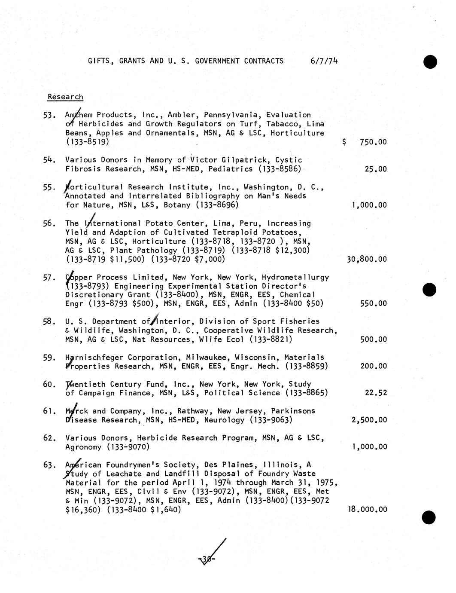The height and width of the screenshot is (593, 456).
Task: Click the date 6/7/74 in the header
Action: pos(324,61)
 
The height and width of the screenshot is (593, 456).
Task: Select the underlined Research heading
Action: pos(65,97)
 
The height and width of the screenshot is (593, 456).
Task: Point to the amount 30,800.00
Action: pos(366,260)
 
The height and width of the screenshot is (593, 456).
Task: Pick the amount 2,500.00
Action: pos(369,420)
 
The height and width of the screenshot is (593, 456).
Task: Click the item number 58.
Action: pos(49,322)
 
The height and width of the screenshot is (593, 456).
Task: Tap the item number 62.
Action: pos(49,438)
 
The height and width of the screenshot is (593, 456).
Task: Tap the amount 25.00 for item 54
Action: pos(375,169)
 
